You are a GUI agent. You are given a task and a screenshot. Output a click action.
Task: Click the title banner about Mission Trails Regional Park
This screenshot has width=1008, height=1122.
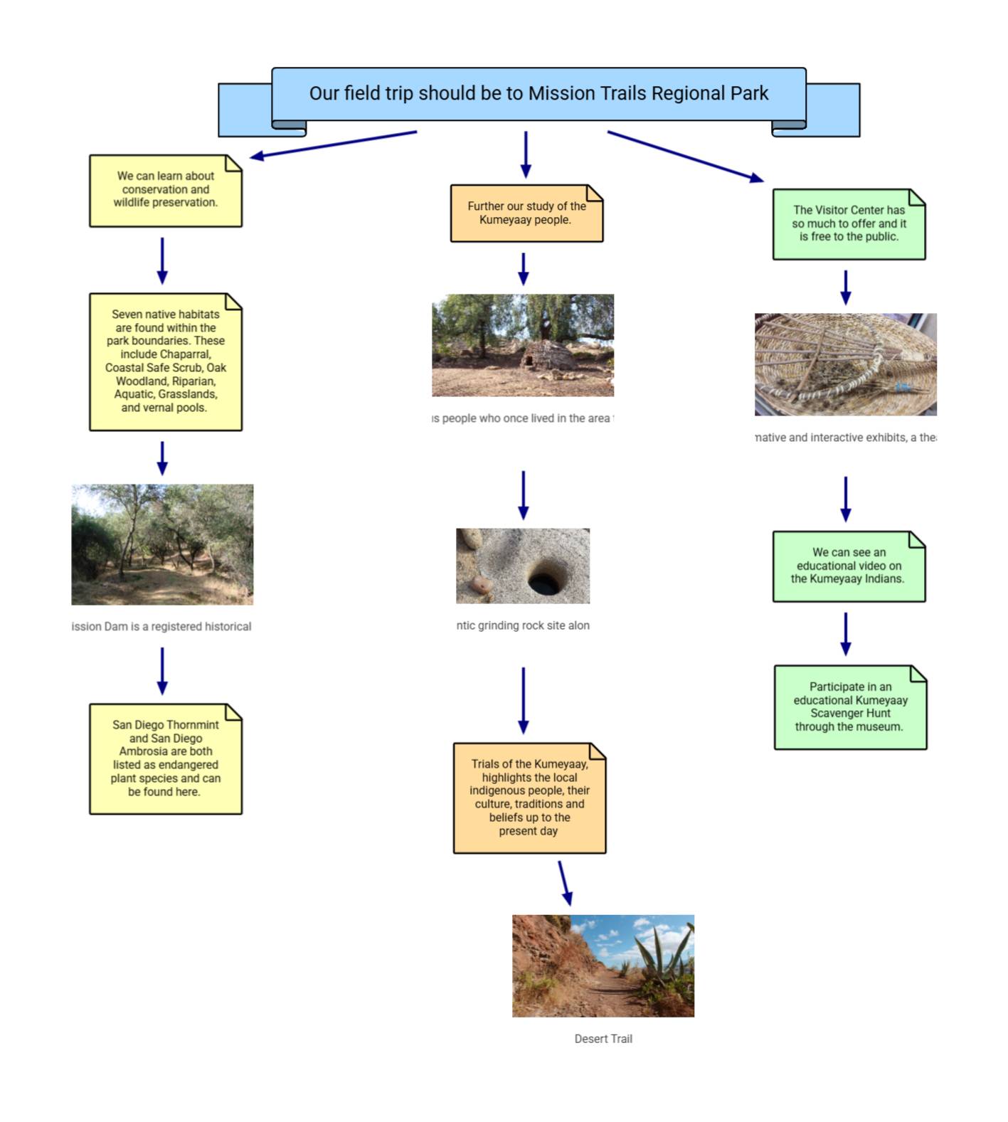click(x=539, y=94)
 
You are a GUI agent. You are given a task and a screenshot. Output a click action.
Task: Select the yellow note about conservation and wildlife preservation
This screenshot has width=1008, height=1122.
click(x=165, y=190)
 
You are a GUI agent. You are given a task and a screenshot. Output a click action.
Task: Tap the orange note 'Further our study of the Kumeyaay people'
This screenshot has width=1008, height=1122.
click(x=526, y=213)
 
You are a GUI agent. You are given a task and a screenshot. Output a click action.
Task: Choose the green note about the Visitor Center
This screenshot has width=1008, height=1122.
click(x=849, y=223)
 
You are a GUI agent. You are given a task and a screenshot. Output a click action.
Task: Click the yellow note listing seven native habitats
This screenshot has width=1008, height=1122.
click(x=165, y=361)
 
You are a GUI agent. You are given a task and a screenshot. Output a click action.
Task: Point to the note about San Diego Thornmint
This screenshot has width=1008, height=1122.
click(x=165, y=758)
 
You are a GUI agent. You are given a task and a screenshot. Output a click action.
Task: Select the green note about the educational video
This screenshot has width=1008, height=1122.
click(x=849, y=566)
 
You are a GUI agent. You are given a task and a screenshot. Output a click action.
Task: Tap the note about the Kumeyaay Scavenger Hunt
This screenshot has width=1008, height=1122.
click(x=850, y=706)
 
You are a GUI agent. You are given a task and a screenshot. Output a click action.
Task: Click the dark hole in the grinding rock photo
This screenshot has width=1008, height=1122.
click(x=544, y=580)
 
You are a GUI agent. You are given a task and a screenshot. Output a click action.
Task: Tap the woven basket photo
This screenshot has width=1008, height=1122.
click(x=845, y=364)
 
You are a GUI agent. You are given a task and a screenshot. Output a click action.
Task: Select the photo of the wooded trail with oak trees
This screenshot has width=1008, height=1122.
click(x=162, y=544)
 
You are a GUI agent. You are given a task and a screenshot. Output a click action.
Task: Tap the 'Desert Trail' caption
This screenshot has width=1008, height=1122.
click(x=603, y=1039)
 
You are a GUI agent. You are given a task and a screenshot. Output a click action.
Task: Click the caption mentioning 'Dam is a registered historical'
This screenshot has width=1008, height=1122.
click(x=161, y=626)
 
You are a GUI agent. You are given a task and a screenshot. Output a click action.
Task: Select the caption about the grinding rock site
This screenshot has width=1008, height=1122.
click(x=523, y=625)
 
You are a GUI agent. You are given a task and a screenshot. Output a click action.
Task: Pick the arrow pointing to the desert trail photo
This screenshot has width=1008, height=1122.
click(x=565, y=883)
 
